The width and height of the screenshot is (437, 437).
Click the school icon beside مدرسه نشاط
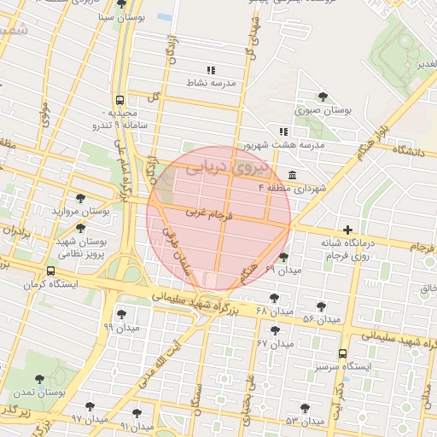pos(211,70)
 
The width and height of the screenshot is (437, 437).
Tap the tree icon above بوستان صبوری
pos(323,96)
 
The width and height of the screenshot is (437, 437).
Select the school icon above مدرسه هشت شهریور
pos(283,131)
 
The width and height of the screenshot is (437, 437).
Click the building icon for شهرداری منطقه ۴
pos(293,176)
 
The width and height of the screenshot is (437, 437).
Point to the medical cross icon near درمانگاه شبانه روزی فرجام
pos(347,230)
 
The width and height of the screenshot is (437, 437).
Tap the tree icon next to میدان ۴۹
pos(283,257)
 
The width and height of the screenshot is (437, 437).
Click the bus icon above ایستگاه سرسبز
pos(342,353)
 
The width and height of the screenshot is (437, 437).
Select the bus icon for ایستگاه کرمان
pos(51,271)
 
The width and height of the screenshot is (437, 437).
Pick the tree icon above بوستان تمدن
pos(39,379)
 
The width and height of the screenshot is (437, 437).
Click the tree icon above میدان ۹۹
pos(120,313)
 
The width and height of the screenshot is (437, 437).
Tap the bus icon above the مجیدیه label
pos(120,99)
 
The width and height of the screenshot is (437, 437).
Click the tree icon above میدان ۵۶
pos(321,306)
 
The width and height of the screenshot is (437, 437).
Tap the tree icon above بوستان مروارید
pos(80,198)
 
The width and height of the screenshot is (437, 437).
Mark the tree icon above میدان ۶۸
pos(273,298)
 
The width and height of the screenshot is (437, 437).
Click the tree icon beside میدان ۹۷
pos(89,406)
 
